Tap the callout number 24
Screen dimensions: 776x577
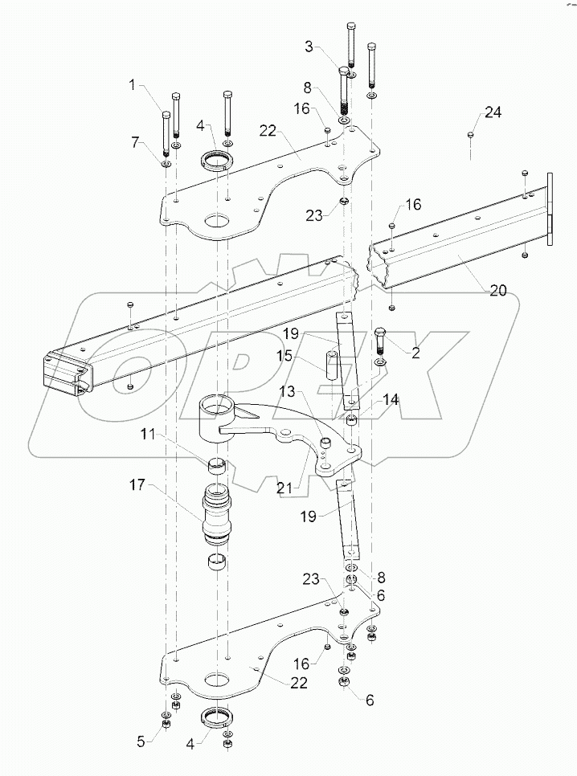click(x=492, y=112)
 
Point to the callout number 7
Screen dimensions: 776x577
click(x=138, y=142)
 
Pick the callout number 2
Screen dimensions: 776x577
click(x=415, y=353)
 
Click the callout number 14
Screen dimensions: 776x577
click(x=391, y=398)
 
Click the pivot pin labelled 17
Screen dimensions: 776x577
click(x=218, y=510)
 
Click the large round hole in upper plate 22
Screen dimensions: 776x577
click(x=217, y=219)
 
